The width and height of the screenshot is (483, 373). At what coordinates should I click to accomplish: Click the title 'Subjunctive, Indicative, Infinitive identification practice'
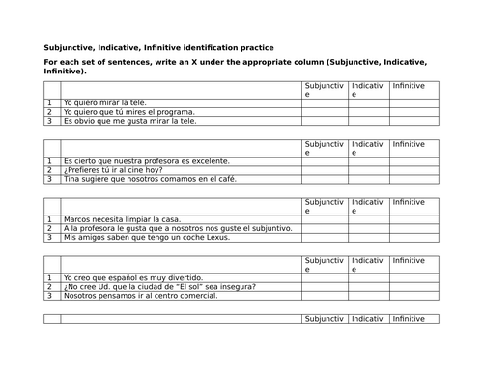click(x=158, y=47)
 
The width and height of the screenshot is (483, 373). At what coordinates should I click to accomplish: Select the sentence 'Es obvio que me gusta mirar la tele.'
click(x=128, y=122)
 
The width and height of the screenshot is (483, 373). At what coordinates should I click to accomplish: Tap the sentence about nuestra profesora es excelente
click(x=146, y=160)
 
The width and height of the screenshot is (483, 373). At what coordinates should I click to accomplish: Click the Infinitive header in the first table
click(x=409, y=86)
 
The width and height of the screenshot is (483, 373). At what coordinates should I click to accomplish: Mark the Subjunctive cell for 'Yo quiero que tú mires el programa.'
click(x=325, y=112)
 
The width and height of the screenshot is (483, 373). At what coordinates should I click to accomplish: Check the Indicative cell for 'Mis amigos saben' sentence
click(x=368, y=238)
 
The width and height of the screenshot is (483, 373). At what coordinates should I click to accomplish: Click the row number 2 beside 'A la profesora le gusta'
click(x=49, y=228)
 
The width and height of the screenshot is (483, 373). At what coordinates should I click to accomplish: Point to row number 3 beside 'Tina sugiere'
click(x=49, y=180)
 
